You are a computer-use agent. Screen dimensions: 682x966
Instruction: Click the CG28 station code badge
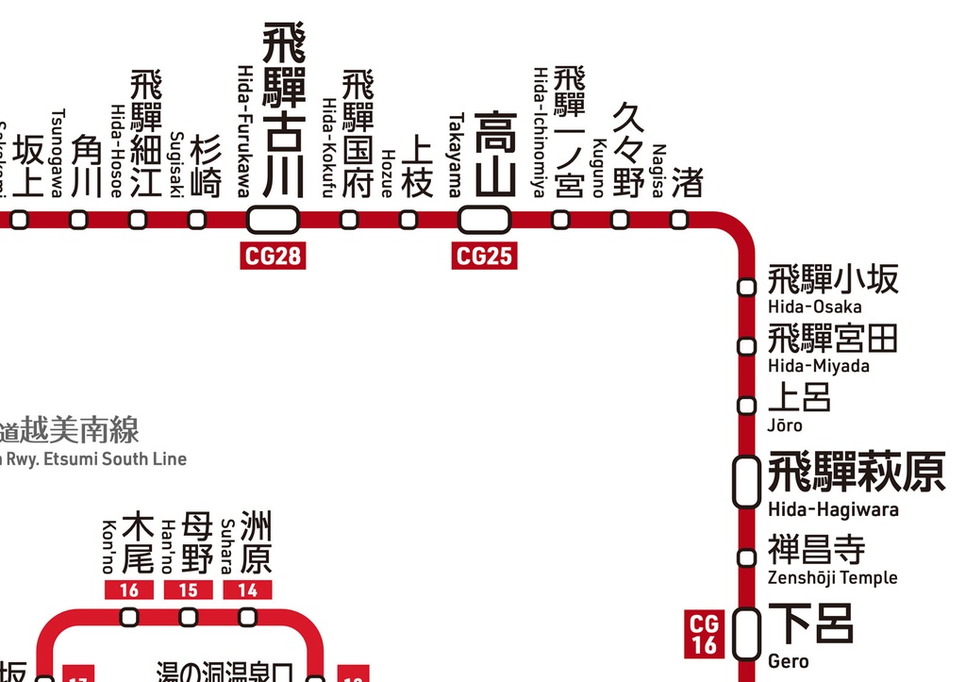[x=275, y=256]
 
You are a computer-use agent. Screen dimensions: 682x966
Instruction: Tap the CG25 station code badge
[x=484, y=256]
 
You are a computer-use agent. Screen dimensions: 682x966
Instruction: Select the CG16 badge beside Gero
[x=705, y=634]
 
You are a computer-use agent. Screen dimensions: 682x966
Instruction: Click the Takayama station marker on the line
[x=484, y=220]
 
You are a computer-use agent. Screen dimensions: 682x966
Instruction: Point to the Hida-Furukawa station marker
[x=274, y=220]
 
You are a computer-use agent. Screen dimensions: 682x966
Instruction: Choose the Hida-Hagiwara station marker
[x=747, y=482]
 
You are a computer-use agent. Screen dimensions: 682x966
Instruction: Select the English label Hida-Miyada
[x=818, y=366]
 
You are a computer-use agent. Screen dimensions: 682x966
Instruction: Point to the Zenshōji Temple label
[x=832, y=577]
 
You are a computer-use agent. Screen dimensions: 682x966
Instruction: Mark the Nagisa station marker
[x=679, y=220]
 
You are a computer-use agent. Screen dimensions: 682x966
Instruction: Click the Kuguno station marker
[x=620, y=220]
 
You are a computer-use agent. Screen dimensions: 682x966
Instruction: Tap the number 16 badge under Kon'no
[x=130, y=591]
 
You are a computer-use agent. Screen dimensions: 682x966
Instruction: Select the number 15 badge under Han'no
[x=189, y=591]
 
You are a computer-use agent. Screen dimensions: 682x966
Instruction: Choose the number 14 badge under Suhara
[x=247, y=591]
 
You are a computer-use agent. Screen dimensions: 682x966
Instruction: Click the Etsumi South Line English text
[x=94, y=459]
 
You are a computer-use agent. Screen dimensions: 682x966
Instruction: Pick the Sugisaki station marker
[x=196, y=220]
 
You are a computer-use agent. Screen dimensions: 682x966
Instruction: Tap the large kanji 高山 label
[x=495, y=155]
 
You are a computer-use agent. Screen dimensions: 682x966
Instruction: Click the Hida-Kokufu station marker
[x=349, y=220]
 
